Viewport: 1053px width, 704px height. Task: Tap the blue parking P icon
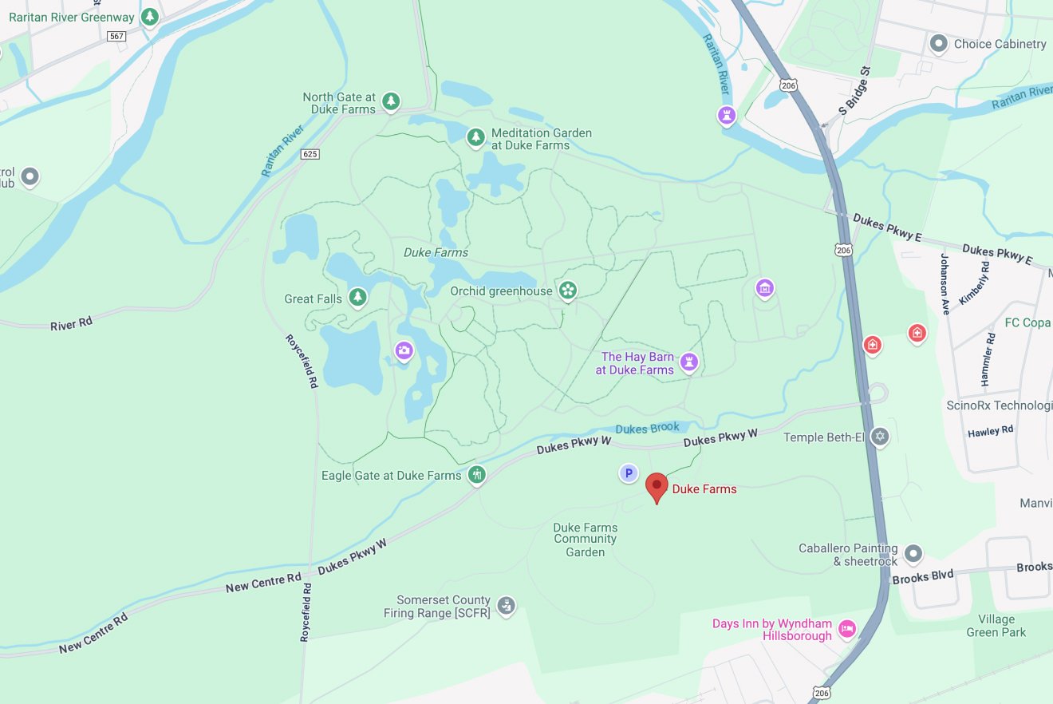tap(629, 474)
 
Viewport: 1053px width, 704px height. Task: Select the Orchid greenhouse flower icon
tap(567, 291)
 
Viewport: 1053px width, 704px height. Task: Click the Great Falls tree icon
tap(357, 298)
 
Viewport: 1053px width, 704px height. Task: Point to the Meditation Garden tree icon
tap(475, 137)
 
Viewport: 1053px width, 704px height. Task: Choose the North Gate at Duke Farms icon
tap(390, 101)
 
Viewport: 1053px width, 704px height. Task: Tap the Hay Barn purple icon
tap(689, 362)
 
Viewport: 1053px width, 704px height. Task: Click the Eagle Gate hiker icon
tap(476, 475)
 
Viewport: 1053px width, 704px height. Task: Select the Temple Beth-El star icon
tap(880, 437)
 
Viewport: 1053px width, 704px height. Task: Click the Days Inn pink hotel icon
tap(847, 628)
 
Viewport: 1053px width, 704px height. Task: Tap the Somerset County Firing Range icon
tap(505, 605)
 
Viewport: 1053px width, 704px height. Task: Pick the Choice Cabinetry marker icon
tap(939, 44)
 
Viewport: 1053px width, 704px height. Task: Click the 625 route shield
tap(310, 154)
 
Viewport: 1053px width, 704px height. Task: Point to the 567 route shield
tap(117, 36)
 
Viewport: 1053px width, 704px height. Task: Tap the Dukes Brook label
tap(648, 428)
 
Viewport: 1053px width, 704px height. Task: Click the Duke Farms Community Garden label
tap(585, 540)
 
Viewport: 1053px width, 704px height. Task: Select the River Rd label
tap(71, 323)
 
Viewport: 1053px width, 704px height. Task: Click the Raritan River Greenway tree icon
tap(148, 16)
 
